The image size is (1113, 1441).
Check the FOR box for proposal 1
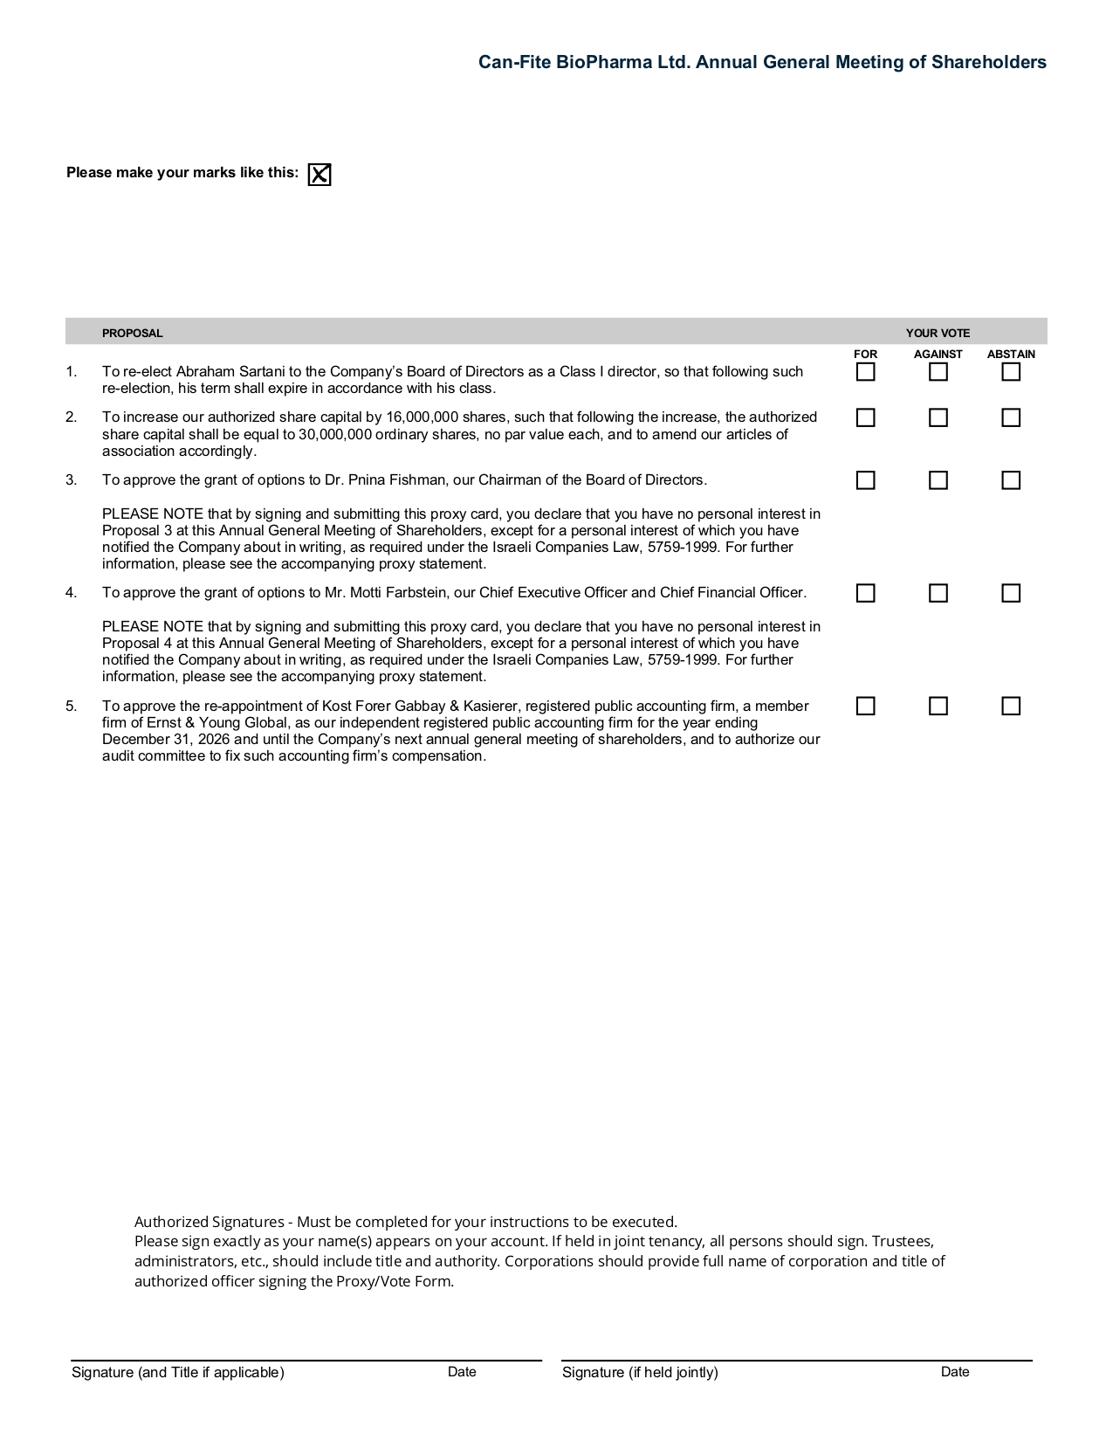coord(865,372)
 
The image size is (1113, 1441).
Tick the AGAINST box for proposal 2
coord(938,417)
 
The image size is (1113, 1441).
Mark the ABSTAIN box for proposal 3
coord(1011,480)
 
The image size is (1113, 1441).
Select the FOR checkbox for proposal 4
coord(865,593)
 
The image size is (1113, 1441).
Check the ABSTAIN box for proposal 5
coord(1011,706)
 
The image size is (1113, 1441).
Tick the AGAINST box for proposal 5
coord(938,706)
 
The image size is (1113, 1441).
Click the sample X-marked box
coord(319,175)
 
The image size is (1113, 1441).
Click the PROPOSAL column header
coord(132,333)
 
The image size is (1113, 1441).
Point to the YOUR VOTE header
coord(938,333)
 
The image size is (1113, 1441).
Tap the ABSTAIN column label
coord(1011,354)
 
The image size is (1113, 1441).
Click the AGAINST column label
coord(938,354)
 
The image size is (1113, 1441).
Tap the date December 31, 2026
coord(166,739)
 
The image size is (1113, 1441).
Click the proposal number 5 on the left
coord(71,706)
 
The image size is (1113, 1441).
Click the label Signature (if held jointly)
coord(640,1372)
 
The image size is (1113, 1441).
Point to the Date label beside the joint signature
coord(955,1371)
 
